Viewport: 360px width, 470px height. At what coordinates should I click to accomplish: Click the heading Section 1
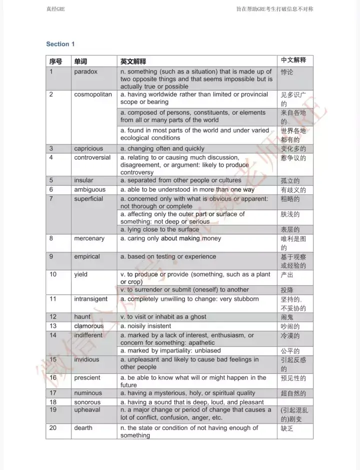click(x=60, y=44)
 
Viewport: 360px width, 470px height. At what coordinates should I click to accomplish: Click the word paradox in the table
click(x=86, y=72)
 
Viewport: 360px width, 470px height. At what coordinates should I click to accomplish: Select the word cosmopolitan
click(x=93, y=94)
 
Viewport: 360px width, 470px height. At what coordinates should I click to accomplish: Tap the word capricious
click(x=88, y=149)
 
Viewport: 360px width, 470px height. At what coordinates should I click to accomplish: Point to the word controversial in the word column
click(x=92, y=157)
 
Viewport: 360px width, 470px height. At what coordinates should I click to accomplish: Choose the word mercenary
click(x=89, y=238)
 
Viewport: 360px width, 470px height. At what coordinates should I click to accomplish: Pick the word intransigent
click(x=91, y=299)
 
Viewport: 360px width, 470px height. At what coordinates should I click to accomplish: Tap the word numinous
click(x=88, y=393)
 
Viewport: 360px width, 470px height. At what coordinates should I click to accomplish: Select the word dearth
click(x=83, y=427)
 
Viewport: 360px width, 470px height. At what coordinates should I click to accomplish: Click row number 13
click(x=53, y=326)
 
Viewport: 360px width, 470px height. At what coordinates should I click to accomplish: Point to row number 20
click(x=53, y=427)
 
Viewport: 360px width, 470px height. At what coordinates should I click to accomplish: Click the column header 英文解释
click(x=133, y=62)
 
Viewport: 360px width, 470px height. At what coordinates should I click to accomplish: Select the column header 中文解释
click(x=293, y=60)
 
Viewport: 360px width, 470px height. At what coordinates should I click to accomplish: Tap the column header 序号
click(x=55, y=62)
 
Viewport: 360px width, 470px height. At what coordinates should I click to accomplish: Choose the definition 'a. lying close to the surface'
click(x=159, y=229)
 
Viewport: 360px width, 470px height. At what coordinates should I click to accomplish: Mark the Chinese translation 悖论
click(x=287, y=72)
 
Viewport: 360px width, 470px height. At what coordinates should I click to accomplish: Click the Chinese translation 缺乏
click(x=287, y=428)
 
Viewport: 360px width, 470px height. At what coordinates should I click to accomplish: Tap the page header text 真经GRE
click(x=55, y=9)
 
